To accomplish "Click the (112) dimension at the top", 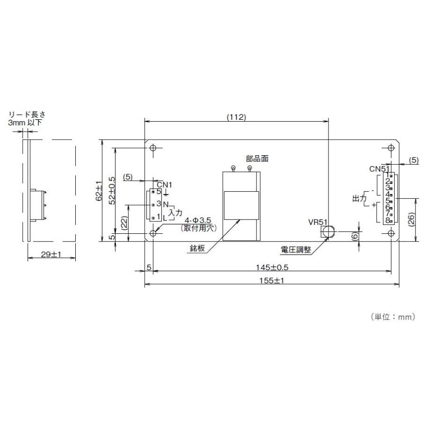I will [x=236, y=117].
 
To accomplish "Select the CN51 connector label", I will [x=379, y=169].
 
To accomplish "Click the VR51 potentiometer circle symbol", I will [x=327, y=231].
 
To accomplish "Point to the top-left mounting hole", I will [x=153, y=148].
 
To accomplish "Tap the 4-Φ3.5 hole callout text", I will [x=198, y=220].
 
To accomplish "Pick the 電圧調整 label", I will [x=297, y=249].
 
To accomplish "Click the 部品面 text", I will [x=257, y=159].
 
